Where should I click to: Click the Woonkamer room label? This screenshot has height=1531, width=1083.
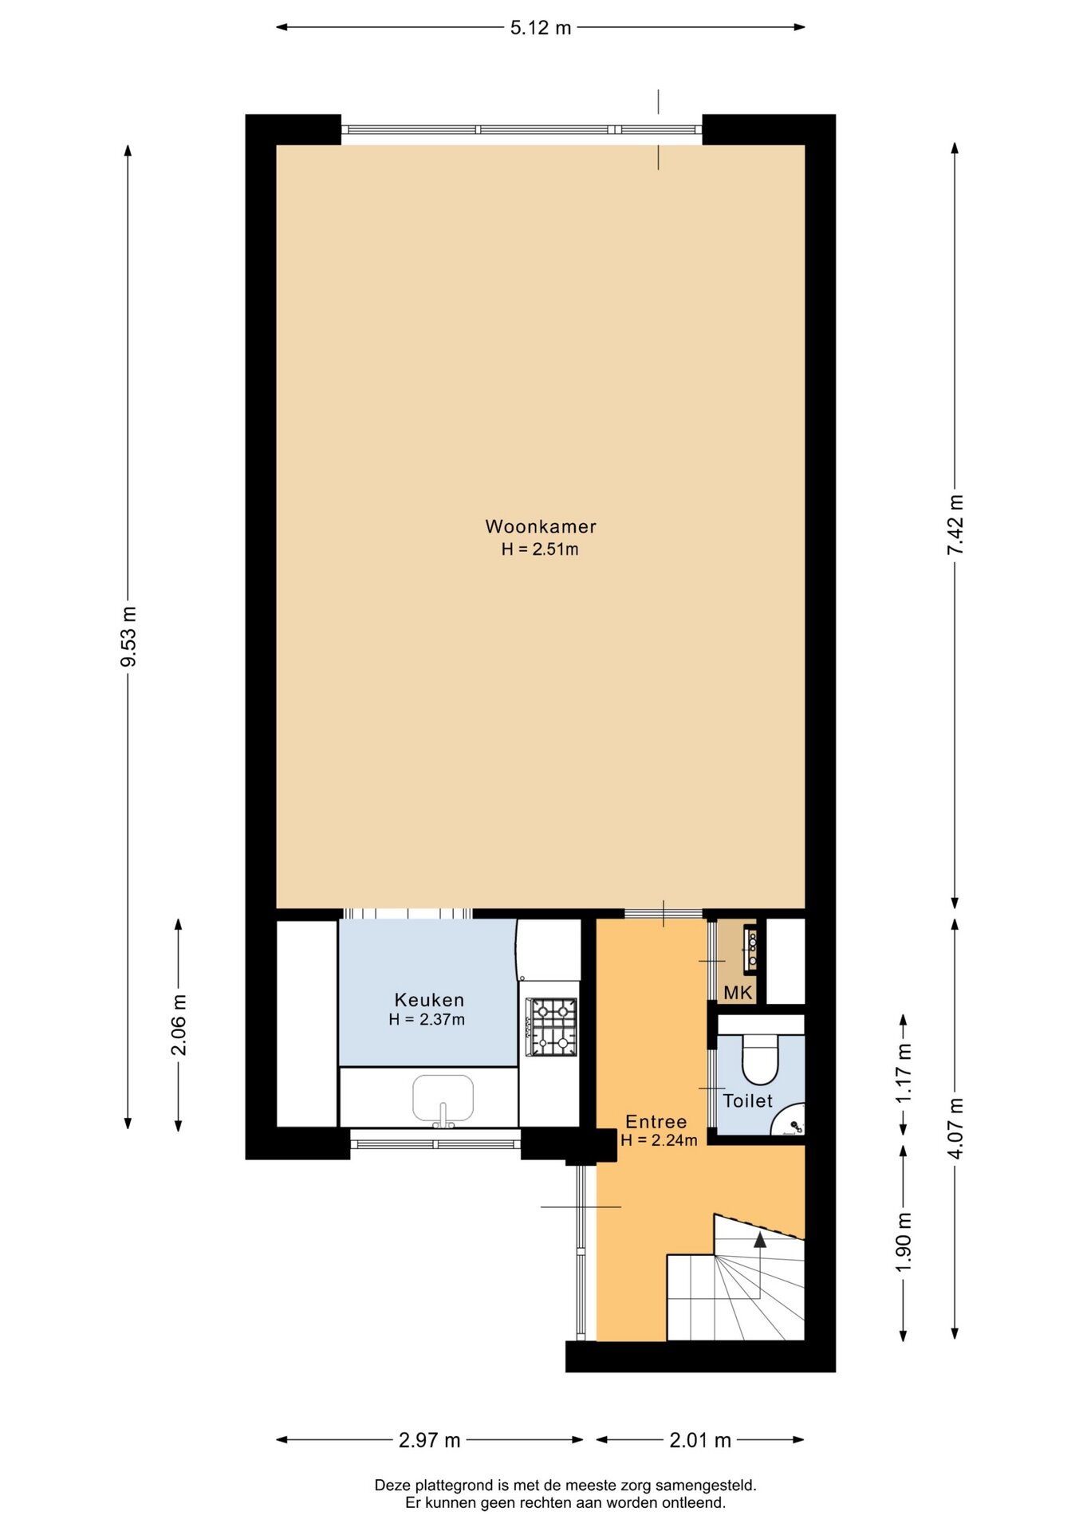tap(541, 526)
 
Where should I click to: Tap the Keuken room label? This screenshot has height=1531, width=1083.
tap(429, 1000)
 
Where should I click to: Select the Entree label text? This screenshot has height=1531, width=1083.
tap(656, 1122)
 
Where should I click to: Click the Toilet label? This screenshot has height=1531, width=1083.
tap(747, 1101)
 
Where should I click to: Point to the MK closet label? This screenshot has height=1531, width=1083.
tap(738, 993)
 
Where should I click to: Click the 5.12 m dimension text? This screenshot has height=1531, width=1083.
tap(541, 28)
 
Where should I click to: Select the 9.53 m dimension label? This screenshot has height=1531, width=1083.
tap(128, 636)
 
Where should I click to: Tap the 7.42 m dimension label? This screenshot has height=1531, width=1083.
tap(955, 525)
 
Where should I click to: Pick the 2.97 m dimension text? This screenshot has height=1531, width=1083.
tap(429, 1440)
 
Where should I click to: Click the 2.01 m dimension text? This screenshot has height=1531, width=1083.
tap(700, 1440)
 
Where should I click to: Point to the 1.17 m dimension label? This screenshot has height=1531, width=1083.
tap(904, 1073)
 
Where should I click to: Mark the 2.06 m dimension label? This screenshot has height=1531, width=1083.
tap(179, 1025)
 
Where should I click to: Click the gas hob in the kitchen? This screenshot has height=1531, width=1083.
tap(551, 1027)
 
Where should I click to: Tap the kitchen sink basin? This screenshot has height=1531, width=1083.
tap(443, 1097)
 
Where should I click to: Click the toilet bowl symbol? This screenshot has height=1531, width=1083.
tap(760, 1059)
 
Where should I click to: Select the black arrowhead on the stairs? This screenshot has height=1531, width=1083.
tap(760, 1239)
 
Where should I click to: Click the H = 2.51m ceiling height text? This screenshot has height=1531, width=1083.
tap(540, 549)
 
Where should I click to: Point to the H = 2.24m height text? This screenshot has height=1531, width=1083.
tap(659, 1141)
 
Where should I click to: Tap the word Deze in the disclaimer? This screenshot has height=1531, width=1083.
tap(392, 1486)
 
